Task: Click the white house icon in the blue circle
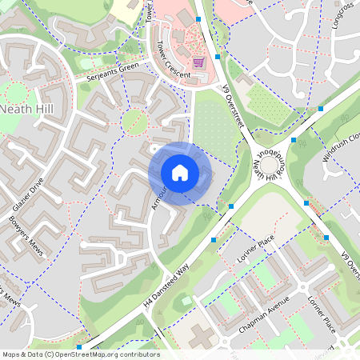click(180, 172)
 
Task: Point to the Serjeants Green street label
click(113, 73)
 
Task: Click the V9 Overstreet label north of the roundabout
click(232, 106)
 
